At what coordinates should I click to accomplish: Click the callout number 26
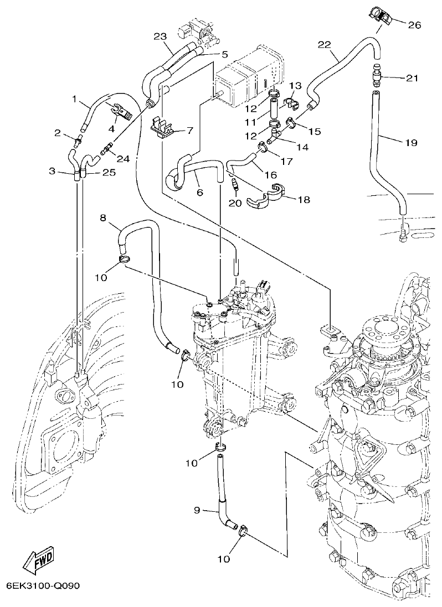pos(414,25)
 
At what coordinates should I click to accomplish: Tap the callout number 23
pos(160,37)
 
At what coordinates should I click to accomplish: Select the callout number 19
pos(410,143)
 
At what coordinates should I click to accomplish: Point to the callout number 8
pos(103,217)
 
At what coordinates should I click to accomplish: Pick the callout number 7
pos(189,131)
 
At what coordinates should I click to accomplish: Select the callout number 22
pos(325,44)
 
